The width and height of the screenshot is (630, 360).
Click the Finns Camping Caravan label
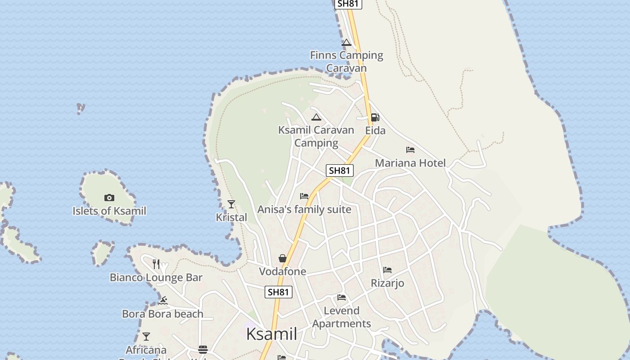(x=346, y=62)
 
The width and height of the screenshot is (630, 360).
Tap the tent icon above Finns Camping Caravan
(x=346, y=43)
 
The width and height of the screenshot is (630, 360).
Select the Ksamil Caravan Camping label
(x=316, y=136)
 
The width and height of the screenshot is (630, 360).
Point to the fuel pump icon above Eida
(x=375, y=117)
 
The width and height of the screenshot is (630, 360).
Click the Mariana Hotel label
(x=410, y=163)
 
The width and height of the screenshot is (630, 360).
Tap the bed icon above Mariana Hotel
(x=410, y=150)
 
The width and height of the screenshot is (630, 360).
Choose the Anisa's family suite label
(x=304, y=210)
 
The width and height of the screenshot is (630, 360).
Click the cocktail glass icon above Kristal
(x=231, y=204)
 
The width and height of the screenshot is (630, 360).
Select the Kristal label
(x=231, y=217)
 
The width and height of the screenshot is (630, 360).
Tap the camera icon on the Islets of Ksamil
(x=109, y=198)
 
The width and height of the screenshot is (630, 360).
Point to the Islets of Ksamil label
(x=109, y=211)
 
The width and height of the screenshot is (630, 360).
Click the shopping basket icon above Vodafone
(x=283, y=258)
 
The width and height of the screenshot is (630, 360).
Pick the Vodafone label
(x=283, y=271)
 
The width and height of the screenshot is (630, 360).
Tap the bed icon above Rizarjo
(x=387, y=270)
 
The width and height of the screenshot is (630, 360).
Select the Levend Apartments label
(x=342, y=317)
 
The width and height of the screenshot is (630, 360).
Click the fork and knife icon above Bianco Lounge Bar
(x=156, y=264)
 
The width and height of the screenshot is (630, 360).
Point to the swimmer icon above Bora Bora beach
(x=163, y=301)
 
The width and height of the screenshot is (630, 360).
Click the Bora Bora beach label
(x=163, y=314)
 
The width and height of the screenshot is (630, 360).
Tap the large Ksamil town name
(x=272, y=334)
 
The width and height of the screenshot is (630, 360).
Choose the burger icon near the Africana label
(x=203, y=350)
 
